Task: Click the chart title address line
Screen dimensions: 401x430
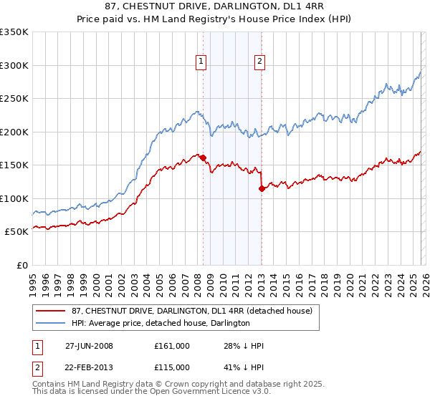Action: tap(215, 6)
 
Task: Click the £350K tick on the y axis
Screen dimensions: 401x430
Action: tap(14, 32)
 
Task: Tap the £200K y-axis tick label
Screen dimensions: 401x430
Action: tap(14, 132)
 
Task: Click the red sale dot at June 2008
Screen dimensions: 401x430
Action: tap(204, 158)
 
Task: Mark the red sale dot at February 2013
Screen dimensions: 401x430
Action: tap(262, 188)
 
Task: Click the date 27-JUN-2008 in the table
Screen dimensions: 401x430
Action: tap(89, 346)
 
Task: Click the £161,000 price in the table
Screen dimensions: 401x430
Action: tap(171, 346)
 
